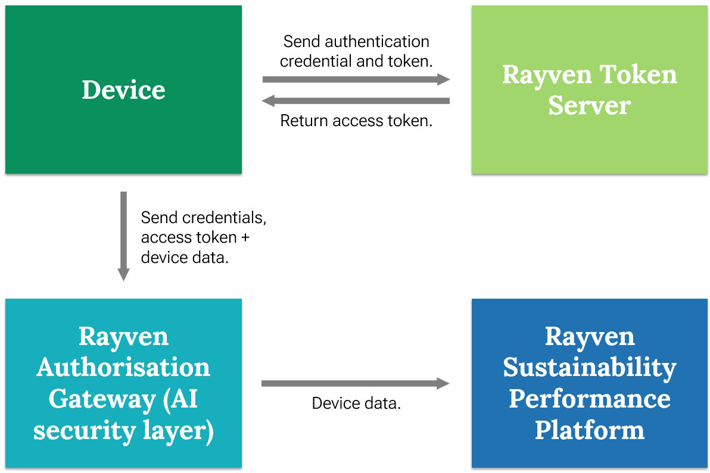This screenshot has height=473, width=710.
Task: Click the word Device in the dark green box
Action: [123, 89]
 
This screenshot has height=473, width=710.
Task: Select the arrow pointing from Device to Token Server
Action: [356, 80]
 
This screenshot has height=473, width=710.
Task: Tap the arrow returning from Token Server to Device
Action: [356, 101]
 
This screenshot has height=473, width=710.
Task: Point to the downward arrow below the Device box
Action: [124, 236]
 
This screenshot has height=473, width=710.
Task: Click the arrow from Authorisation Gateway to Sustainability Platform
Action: [356, 384]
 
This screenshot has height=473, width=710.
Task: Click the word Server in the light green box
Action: [589, 105]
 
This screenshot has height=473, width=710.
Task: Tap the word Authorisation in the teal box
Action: [123, 367]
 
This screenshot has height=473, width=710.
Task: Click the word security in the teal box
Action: [84, 431]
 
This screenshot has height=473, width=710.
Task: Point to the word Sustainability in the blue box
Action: [590, 368]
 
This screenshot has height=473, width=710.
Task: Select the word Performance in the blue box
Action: [590, 399]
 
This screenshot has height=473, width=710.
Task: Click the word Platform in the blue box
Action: [590, 430]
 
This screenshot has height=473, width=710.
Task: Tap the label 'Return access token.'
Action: [356, 121]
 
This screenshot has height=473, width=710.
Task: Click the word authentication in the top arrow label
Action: [376, 42]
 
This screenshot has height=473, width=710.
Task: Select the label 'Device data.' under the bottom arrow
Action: [356, 403]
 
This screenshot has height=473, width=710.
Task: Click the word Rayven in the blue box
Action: [590, 337]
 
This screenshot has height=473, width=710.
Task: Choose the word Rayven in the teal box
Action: [124, 337]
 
